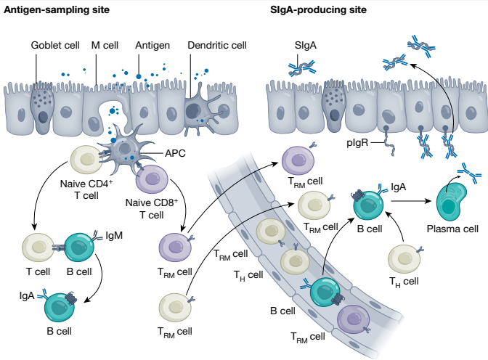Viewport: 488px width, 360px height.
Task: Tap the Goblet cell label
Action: point(54,45)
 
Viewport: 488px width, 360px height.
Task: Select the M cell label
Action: point(105,45)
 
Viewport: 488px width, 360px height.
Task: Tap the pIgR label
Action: point(357,144)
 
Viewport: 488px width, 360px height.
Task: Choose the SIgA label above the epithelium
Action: point(305,46)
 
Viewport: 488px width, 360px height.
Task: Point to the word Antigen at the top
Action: point(152,45)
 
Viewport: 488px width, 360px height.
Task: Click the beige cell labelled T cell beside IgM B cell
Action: point(37,247)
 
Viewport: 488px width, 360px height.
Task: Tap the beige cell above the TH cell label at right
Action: point(404,259)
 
